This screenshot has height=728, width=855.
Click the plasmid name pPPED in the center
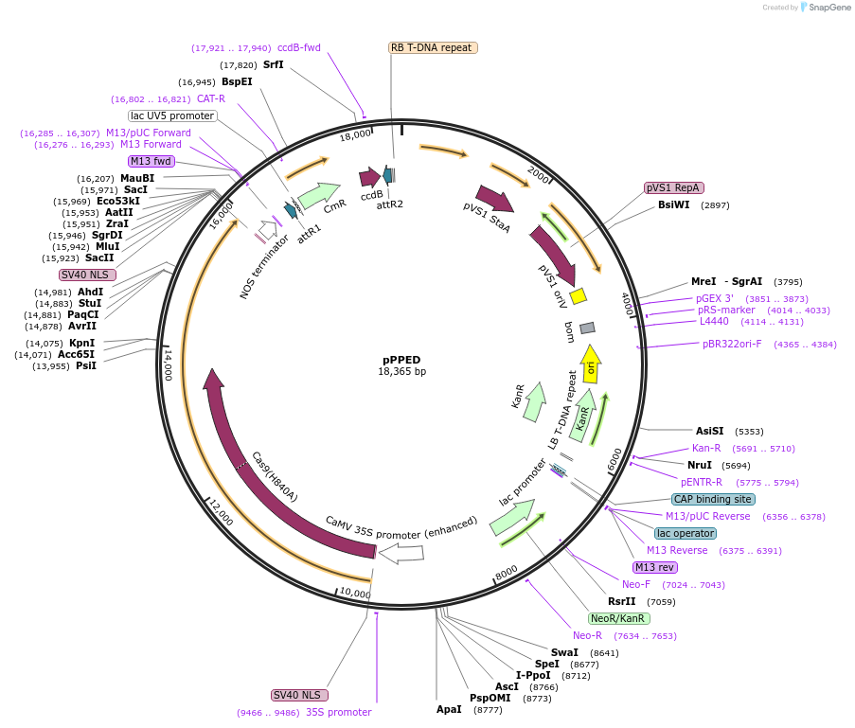point(401,360)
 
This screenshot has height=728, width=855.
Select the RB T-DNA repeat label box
point(432,47)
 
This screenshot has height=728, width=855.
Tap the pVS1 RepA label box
point(673,187)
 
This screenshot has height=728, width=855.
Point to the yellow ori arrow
point(590,364)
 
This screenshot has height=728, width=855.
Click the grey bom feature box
point(587,328)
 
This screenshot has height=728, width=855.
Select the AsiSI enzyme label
point(709,431)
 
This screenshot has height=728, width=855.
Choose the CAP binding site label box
point(713,499)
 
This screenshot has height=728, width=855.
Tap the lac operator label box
point(685,533)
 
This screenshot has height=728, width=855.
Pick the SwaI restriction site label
point(564,652)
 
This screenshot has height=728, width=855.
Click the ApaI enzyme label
point(449,709)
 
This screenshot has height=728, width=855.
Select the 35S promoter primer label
point(338,712)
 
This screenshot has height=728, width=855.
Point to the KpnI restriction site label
point(82,343)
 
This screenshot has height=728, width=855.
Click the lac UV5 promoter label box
point(172,115)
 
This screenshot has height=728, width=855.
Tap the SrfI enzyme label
point(273,65)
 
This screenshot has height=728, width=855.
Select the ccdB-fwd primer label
point(299,47)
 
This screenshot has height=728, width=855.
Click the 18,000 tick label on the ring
point(355,134)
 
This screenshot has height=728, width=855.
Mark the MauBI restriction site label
point(137,178)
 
